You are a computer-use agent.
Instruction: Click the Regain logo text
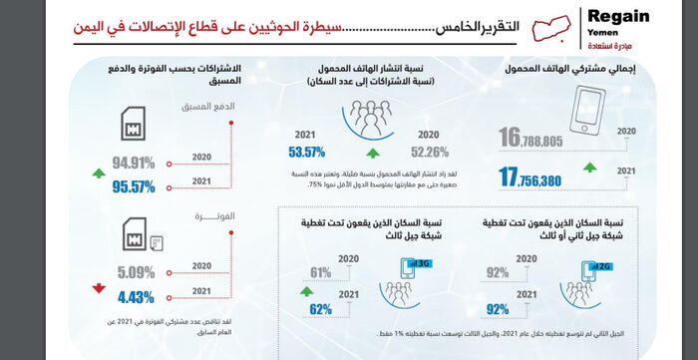[x=618, y=17]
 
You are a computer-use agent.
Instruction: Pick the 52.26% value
[x=428, y=152]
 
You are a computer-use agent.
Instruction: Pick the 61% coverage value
[x=321, y=271]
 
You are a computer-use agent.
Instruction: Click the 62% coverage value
[x=321, y=308]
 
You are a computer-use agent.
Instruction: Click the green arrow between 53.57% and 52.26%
[x=372, y=154]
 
